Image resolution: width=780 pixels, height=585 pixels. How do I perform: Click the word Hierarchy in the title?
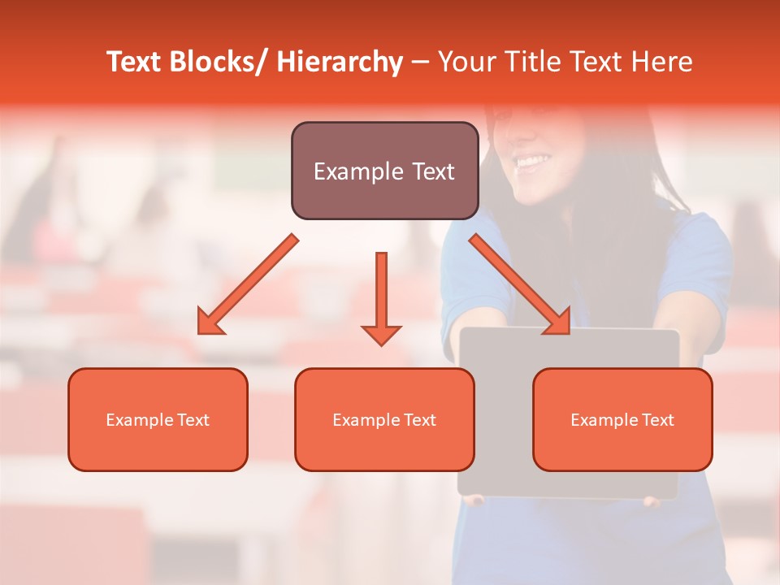coord(340,63)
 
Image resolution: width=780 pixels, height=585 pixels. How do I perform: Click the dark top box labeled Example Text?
coord(384,171)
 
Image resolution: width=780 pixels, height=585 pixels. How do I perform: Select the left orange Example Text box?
coord(158,419)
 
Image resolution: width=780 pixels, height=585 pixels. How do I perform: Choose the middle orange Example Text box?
coord(384,419)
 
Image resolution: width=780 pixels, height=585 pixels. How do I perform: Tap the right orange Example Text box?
coord(622,419)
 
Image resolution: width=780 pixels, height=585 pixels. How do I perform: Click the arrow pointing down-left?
coord(248,284)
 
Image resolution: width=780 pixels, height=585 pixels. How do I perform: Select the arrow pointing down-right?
coord(520,284)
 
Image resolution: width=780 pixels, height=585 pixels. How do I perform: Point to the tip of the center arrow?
coord(381,344)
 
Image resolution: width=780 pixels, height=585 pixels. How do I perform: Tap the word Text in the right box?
coord(657,420)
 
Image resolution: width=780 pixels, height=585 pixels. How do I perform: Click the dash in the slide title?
coord(420,63)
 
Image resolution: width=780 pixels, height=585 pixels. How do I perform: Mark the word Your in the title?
coord(464,63)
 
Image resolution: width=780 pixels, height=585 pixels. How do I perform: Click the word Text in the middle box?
coord(419,420)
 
